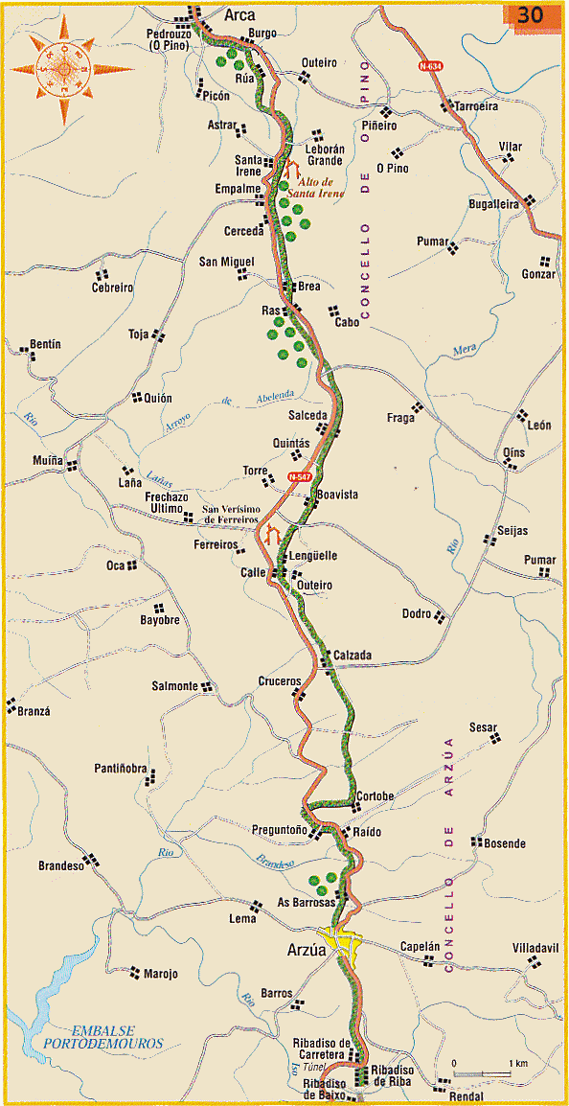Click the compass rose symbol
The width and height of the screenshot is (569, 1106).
click(x=65, y=70)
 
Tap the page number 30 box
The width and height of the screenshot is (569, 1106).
click(x=530, y=16)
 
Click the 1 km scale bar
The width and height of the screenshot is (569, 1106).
click(x=482, y=1071)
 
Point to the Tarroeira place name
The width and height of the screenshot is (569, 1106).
click(x=477, y=106)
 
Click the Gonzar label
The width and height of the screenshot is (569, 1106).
click(x=538, y=274)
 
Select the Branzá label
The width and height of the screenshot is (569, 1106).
click(x=32, y=711)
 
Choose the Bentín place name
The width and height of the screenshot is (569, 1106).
click(x=46, y=343)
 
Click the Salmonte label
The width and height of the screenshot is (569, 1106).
click(x=174, y=686)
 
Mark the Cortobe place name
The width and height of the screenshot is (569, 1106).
click(x=375, y=796)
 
